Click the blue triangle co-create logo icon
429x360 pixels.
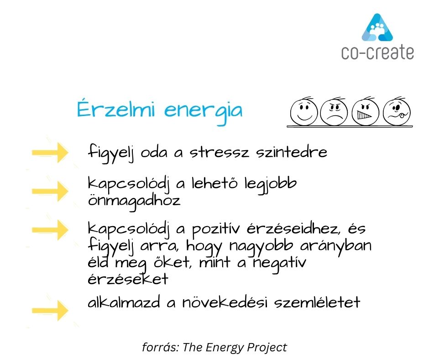tap(377, 27)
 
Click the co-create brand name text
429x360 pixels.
tap(377, 53)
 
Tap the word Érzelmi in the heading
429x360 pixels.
tap(116, 109)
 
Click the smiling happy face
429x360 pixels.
tap(303, 112)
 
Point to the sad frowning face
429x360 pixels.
tap(334, 112)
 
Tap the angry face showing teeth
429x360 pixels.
tap(365, 112)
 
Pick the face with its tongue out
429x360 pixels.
tap(397, 112)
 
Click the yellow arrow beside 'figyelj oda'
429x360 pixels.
tap(50, 153)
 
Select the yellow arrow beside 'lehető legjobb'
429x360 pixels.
tap(50, 191)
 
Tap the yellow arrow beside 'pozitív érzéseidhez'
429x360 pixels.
tap(50, 230)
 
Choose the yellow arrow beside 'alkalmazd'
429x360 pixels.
tap(50, 310)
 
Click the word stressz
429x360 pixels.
tap(220, 152)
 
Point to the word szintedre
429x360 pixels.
tap(292, 152)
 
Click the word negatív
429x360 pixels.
tap(279, 264)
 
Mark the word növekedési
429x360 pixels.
tap(225, 302)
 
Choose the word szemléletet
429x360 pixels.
tap(317, 302)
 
